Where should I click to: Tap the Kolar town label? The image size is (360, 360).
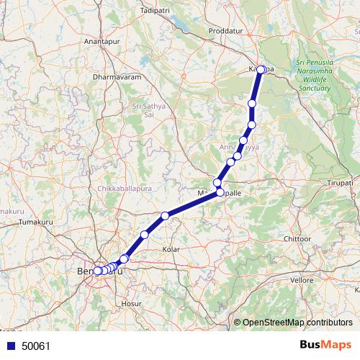(x=171, y=249)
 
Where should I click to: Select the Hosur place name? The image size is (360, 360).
(x=131, y=305)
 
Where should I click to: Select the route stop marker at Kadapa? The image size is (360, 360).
(x=262, y=70)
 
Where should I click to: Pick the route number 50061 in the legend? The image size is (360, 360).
(x=35, y=346)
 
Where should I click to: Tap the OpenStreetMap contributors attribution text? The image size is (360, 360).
(x=297, y=322)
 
